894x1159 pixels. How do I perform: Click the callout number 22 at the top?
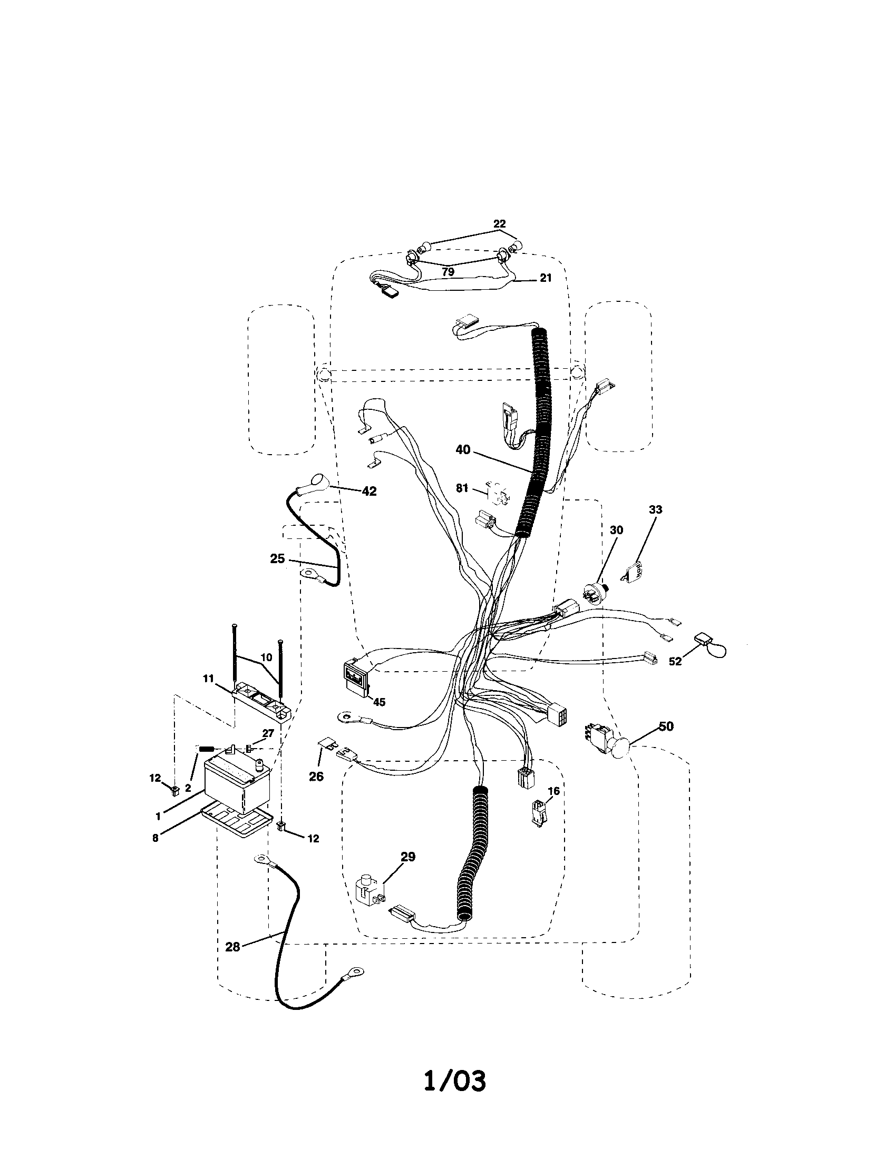click(499, 224)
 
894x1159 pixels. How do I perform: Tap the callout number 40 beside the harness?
click(463, 449)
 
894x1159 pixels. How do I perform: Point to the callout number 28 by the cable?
click(232, 947)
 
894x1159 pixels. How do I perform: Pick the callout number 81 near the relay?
click(462, 488)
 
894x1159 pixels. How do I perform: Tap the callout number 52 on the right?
click(675, 662)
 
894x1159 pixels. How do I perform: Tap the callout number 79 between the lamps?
click(448, 272)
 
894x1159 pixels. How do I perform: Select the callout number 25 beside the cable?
click(277, 559)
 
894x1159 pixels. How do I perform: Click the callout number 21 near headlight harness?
click(546, 278)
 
